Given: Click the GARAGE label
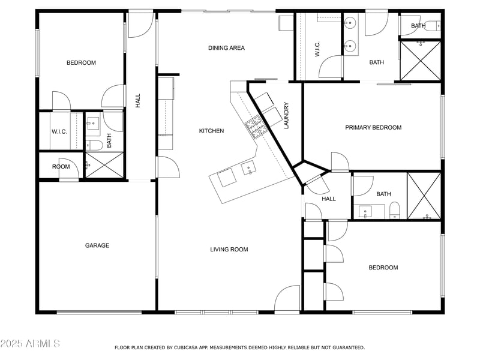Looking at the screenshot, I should click(x=97, y=245).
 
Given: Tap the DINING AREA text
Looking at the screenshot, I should click(x=226, y=48).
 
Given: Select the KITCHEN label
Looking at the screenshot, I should click(x=211, y=131).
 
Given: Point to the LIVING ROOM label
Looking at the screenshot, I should click(x=229, y=250).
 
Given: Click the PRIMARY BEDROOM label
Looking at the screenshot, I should click(x=373, y=128).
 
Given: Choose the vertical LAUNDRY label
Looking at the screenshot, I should click(x=287, y=115).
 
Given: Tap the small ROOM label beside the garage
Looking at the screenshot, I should click(x=61, y=167).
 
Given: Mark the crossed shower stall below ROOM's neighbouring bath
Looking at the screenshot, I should click(x=104, y=165).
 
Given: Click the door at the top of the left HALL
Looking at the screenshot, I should click(x=142, y=22).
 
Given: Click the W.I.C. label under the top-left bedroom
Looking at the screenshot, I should click(x=58, y=131).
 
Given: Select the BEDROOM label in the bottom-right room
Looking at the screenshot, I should click(x=383, y=268).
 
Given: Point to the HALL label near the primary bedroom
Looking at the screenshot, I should click(x=329, y=199).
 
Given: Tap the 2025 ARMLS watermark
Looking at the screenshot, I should click(x=30, y=343).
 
